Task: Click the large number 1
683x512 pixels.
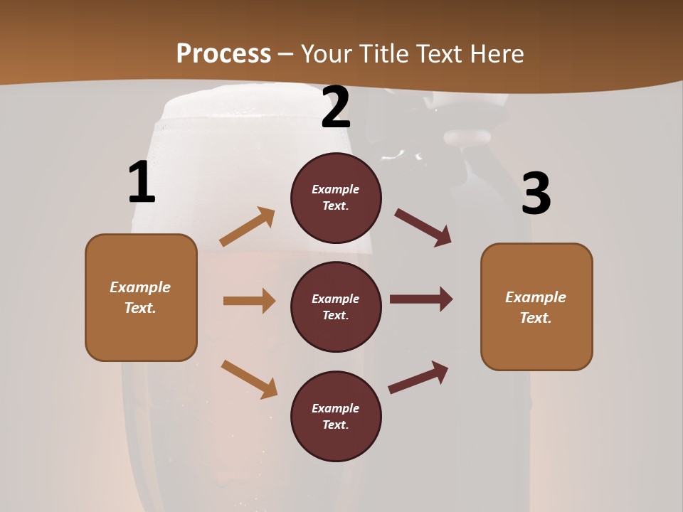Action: click(142, 183)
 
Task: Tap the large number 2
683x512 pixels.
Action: click(336, 107)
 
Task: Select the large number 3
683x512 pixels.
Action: click(536, 194)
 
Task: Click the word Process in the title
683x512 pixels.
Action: click(223, 54)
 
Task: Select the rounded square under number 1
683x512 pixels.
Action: click(141, 297)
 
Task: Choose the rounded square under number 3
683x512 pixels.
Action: click(536, 307)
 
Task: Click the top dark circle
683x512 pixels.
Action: click(336, 198)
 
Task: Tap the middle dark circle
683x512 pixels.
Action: click(336, 306)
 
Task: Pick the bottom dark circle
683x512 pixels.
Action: click(336, 416)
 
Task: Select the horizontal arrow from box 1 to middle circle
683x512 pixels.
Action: click(249, 301)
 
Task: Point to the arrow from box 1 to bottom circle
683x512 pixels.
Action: click(249, 379)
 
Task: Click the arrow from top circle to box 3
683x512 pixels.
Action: click(423, 228)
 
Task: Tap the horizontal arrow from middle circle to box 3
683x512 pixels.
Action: click(420, 299)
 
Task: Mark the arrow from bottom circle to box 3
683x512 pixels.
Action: click(418, 378)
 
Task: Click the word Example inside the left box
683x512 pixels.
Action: click(140, 287)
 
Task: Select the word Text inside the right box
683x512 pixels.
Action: click(536, 318)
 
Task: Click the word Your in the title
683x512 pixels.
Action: click(327, 54)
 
